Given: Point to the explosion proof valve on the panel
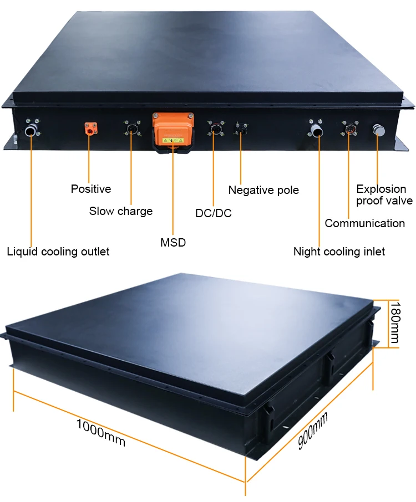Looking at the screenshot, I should pyautogui.click(x=378, y=131).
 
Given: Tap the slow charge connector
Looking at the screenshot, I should pyautogui.click(x=131, y=130).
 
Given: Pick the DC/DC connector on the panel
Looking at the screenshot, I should pyautogui.click(x=215, y=131).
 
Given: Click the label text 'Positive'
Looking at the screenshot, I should pyautogui.click(x=91, y=189).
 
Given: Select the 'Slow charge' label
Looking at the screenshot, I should pyautogui.click(x=121, y=211).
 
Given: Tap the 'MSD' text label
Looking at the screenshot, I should pyautogui.click(x=173, y=242).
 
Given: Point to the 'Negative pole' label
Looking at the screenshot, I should pyautogui.click(x=263, y=191).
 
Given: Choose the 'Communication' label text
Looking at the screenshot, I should pyautogui.click(x=365, y=223).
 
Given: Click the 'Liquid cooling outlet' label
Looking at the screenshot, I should pyautogui.click(x=58, y=252).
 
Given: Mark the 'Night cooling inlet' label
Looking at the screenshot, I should pyautogui.click(x=339, y=252).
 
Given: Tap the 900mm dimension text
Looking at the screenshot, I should pyautogui.click(x=313, y=431).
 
